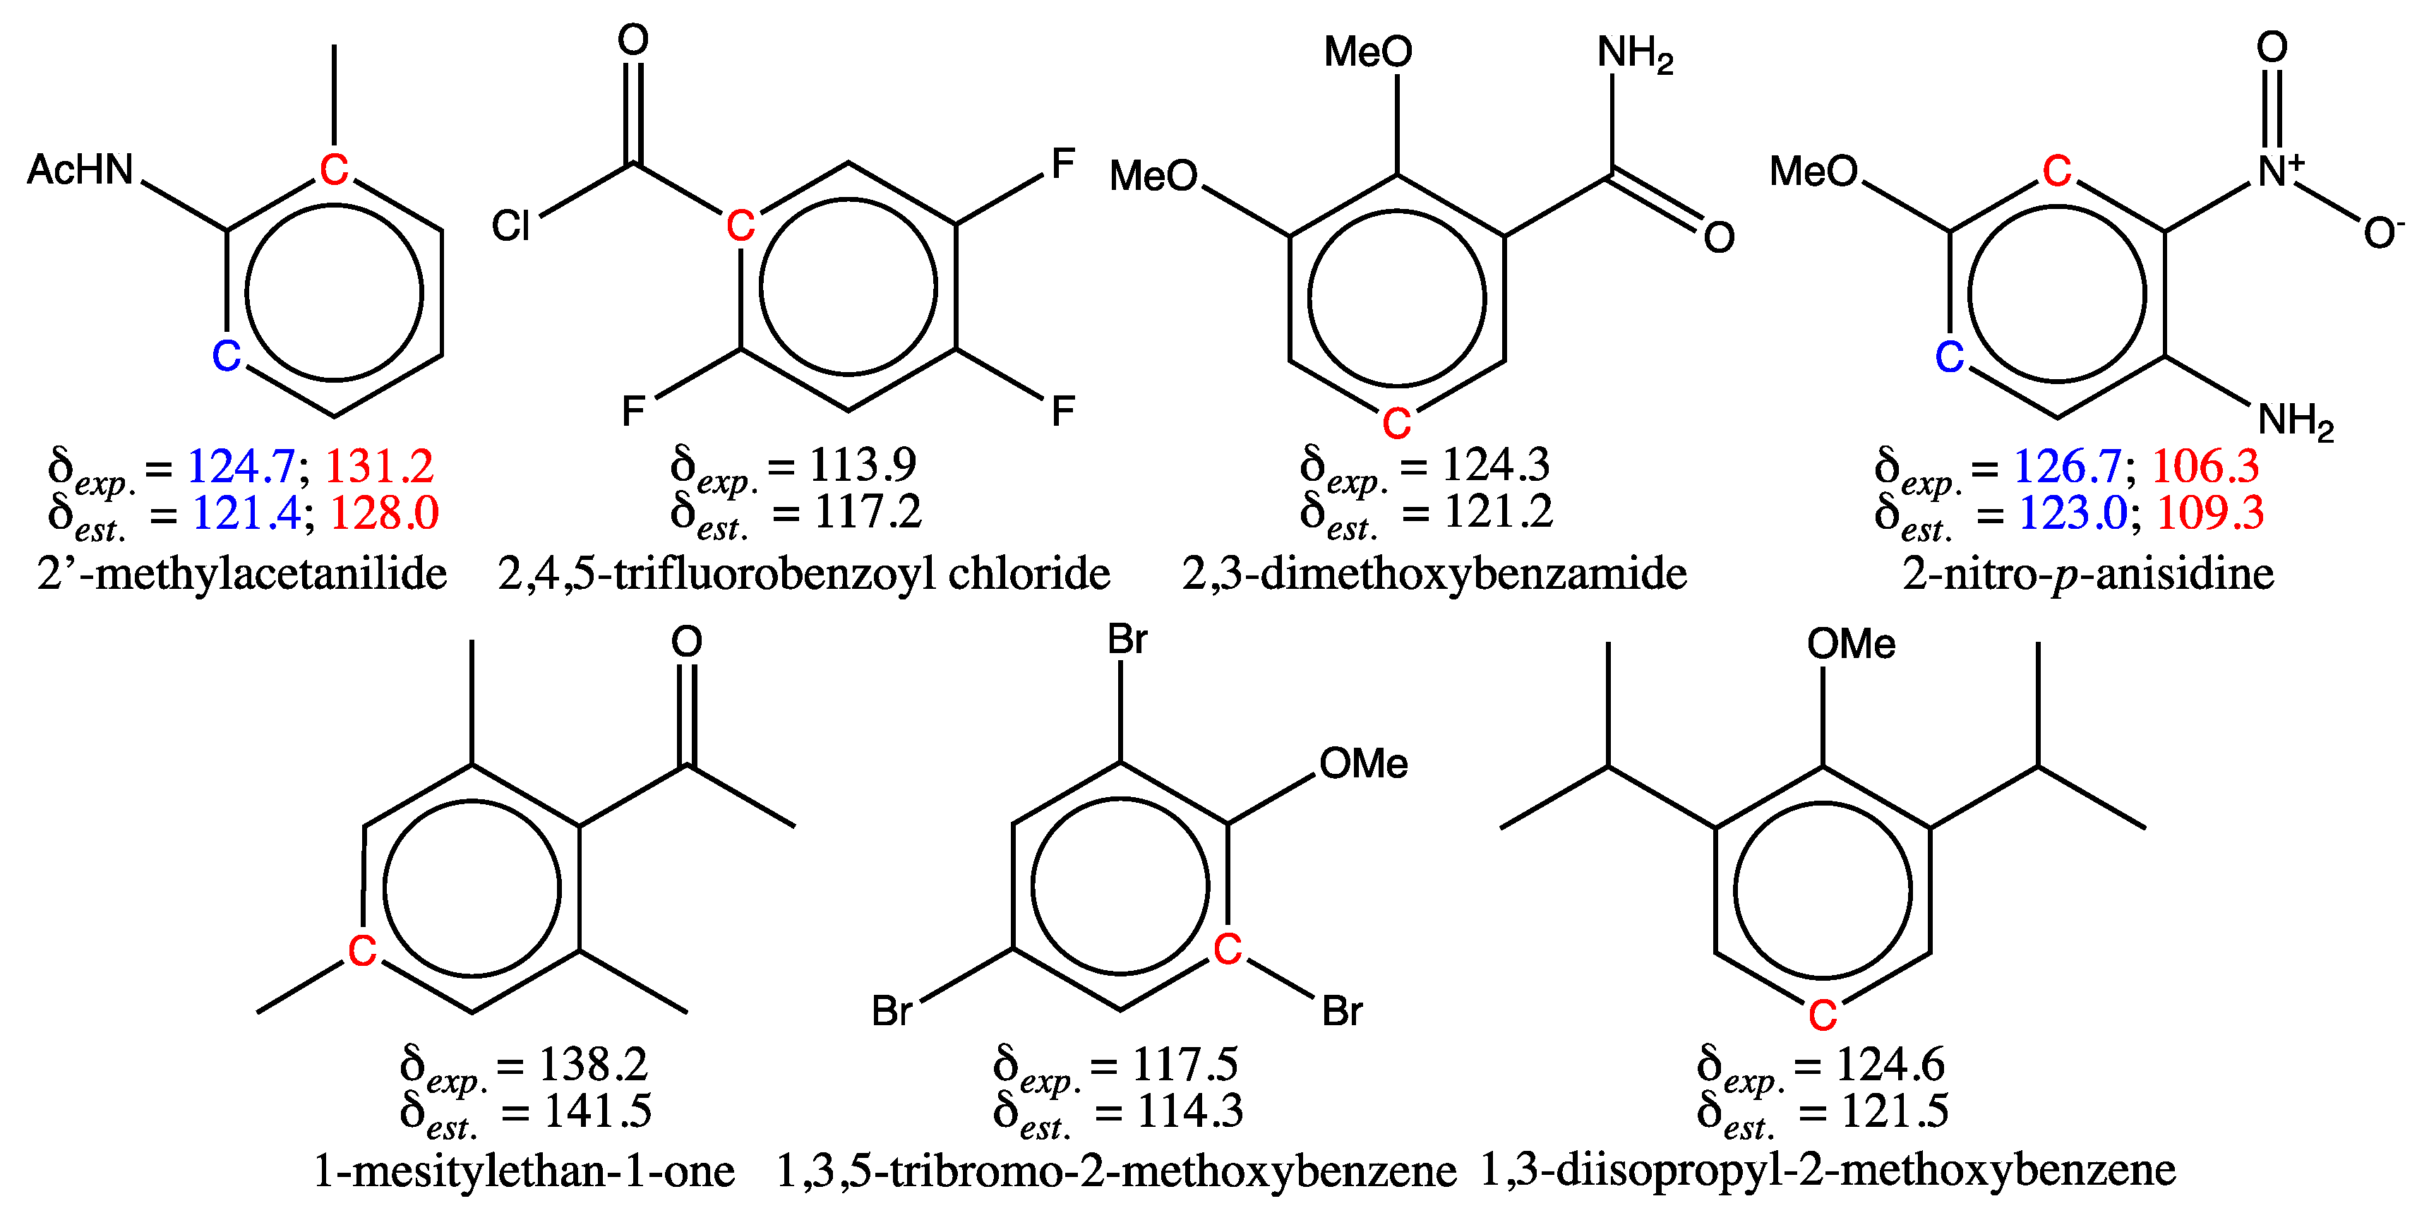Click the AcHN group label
click(81, 169)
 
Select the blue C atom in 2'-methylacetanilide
click(227, 357)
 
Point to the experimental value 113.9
click(863, 464)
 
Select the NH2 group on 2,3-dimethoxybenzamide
click(1634, 54)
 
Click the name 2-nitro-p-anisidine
click(2087, 573)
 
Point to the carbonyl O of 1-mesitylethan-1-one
click(686, 643)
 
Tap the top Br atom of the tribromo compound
click(1127, 640)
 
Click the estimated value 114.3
click(1190, 1111)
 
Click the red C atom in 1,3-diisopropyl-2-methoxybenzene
click(1823, 1015)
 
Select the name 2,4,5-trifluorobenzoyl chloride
click(803, 573)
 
